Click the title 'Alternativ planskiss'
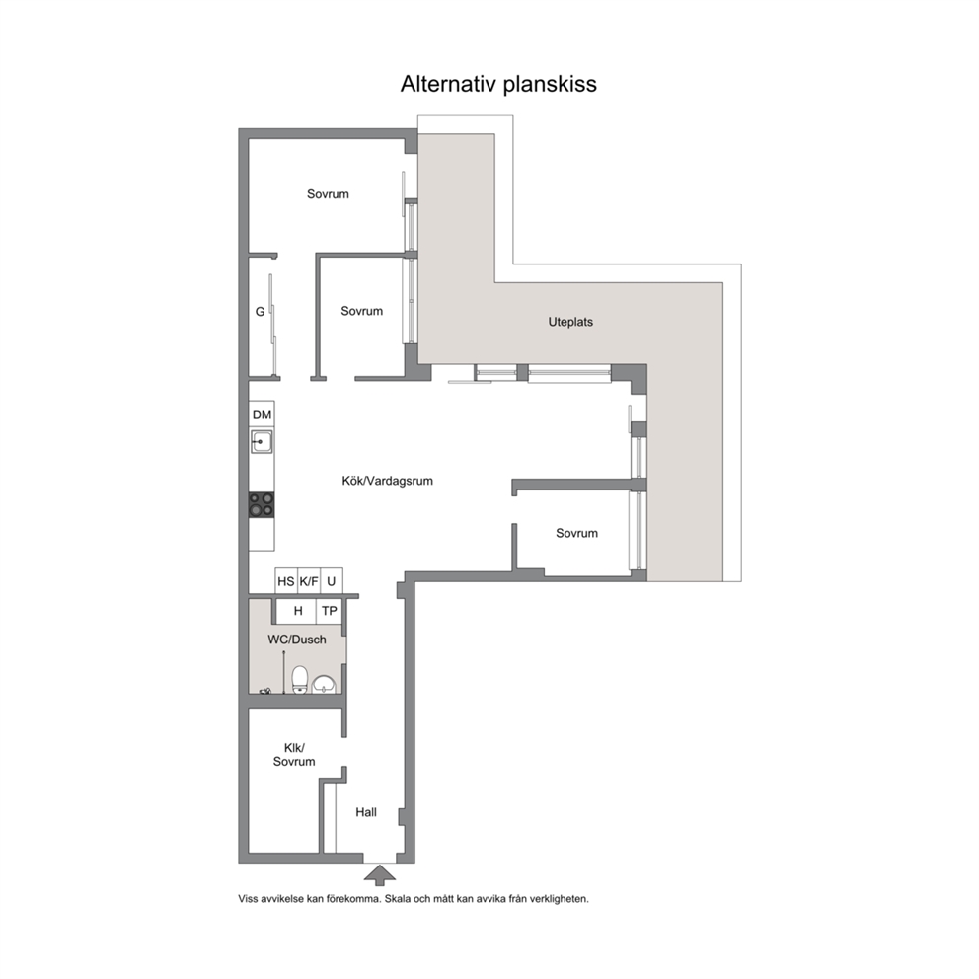tap(498, 84)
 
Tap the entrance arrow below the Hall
tap(380, 875)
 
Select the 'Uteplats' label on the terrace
tap(570, 322)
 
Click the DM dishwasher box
tap(262, 414)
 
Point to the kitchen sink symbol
tap(262, 441)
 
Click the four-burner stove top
tap(262, 505)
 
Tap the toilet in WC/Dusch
tap(300, 680)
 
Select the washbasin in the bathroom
tap(324, 685)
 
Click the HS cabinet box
tap(286, 581)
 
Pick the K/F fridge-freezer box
tap(309, 581)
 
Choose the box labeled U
tap(332, 581)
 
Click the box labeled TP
tap(329, 611)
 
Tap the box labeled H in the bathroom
tap(297, 611)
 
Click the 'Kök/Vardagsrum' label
tap(387, 481)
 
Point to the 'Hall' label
tap(366, 812)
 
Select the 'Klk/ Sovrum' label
tap(294, 755)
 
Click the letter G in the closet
tap(260, 312)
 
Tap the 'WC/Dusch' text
tap(297, 640)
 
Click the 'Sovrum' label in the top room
tap(328, 194)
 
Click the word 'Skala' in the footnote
tap(397, 899)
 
